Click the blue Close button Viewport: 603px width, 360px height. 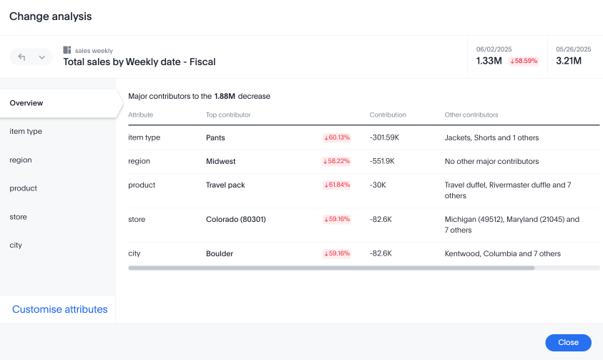pyautogui.click(x=568, y=343)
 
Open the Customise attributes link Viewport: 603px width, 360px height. pyautogui.click(x=60, y=309)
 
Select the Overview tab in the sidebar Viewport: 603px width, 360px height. pyautogui.click(x=26, y=103)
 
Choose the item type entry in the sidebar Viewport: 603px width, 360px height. pyautogui.click(x=26, y=132)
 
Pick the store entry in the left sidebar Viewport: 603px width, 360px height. pyautogui.click(x=18, y=217)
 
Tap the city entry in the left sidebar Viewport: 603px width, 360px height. pyautogui.click(x=16, y=245)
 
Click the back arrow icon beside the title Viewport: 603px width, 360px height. pyautogui.click(x=21, y=57)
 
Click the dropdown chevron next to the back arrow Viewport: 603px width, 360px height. pyautogui.click(x=41, y=57)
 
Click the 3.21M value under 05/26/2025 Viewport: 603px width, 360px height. pyautogui.click(x=569, y=61)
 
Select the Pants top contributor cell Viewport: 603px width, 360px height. pyautogui.click(x=215, y=137)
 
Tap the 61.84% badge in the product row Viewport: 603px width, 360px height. pyautogui.click(x=337, y=185)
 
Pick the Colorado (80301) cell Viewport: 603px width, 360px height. pyautogui.click(x=235, y=219)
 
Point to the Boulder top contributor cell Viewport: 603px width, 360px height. pyautogui.click(x=219, y=253)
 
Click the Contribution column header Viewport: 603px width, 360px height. pyautogui.click(x=388, y=115)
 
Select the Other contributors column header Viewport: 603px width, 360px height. pyautogui.click(x=471, y=115)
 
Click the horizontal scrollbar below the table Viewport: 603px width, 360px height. pyautogui.click(x=331, y=268)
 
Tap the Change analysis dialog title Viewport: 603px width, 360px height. pyautogui.click(x=51, y=16)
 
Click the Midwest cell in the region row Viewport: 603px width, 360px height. pyautogui.click(x=220, y=161)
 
